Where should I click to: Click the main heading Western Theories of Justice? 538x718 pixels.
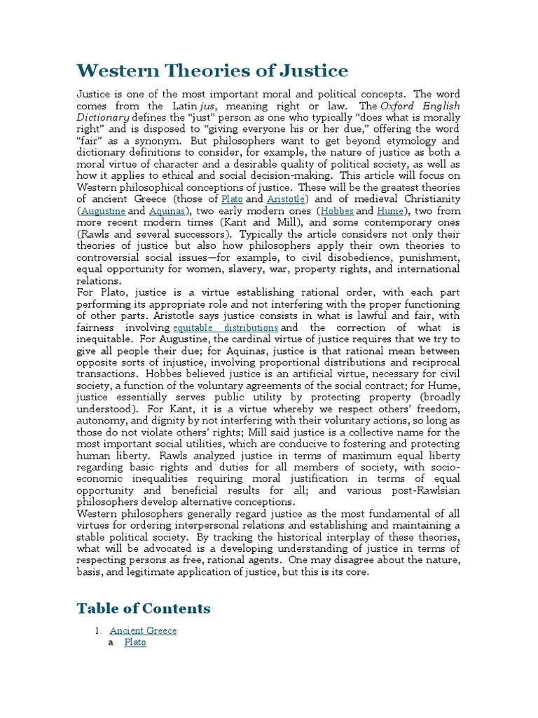(x=212, y=71)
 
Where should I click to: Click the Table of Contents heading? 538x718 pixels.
(x=144, y=608)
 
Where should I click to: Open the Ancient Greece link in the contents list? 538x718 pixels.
(x=143, y=630)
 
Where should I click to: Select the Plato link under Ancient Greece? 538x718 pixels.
(x=134, y=642)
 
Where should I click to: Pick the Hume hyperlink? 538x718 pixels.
(x=390, y=210)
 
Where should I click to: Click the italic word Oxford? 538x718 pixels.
(x=397, y=106)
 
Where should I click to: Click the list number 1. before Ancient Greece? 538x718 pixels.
(x=99, y=630)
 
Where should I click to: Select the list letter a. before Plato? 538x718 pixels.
(x=112, y=642)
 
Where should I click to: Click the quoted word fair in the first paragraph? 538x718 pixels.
(x=89, y=141)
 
